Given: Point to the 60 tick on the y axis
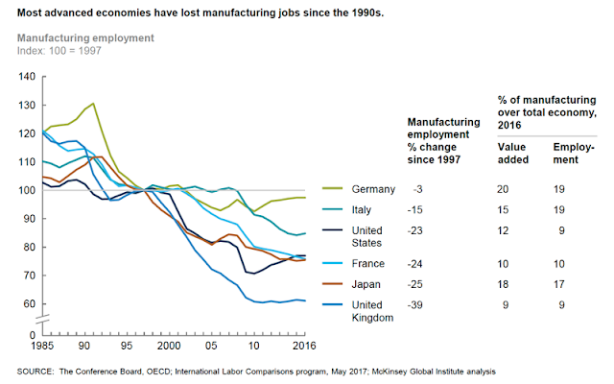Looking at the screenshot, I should point(28,303).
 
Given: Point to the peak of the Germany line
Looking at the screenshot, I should point(93,104).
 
